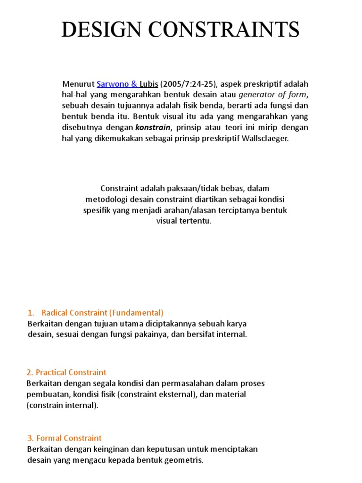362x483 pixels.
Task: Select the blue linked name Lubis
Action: [148, 84]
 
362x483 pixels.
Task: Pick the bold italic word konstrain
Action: [152, 127]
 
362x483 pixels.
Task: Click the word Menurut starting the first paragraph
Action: [78, 84]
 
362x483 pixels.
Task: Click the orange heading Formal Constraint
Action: [64, 438]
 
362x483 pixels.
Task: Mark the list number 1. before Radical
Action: [31, 313]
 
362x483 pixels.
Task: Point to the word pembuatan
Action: [45, 394]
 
